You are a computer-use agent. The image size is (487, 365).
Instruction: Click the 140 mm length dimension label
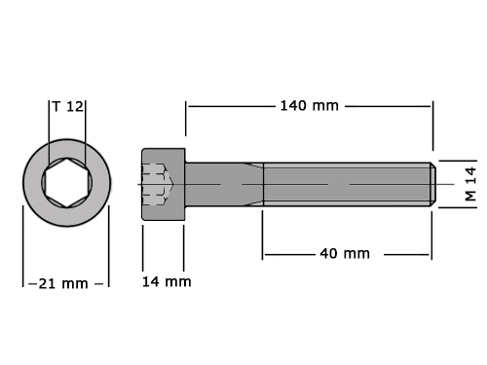309,106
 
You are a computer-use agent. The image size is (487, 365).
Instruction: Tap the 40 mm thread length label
345,253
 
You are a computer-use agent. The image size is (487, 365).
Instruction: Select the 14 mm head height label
167,281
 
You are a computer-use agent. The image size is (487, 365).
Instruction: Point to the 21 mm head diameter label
63,284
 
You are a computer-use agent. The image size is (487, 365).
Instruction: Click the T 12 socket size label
68,106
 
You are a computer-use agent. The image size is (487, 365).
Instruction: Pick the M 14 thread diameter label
470,184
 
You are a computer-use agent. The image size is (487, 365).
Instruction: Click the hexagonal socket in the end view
66,183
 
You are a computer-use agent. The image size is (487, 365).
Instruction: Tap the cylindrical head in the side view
164,184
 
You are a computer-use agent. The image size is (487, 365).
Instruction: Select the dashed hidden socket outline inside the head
158,184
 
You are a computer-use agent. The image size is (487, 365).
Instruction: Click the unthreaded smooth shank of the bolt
224,184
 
